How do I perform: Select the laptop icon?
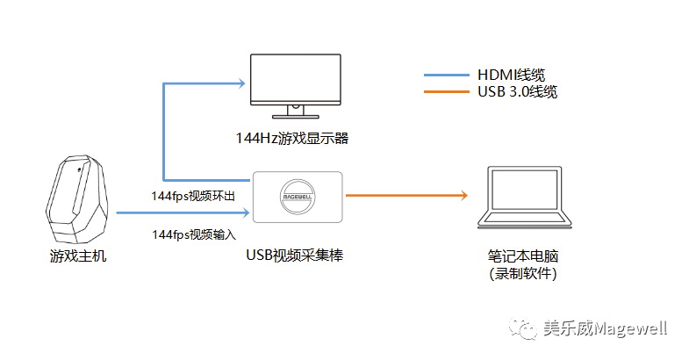tap(524, 199)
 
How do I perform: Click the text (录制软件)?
tap(524, 274)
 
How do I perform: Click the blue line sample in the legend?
tap(445, 75)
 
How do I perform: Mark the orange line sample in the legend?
tap(445, 91)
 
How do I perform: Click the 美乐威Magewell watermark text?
tap(605, 328)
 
